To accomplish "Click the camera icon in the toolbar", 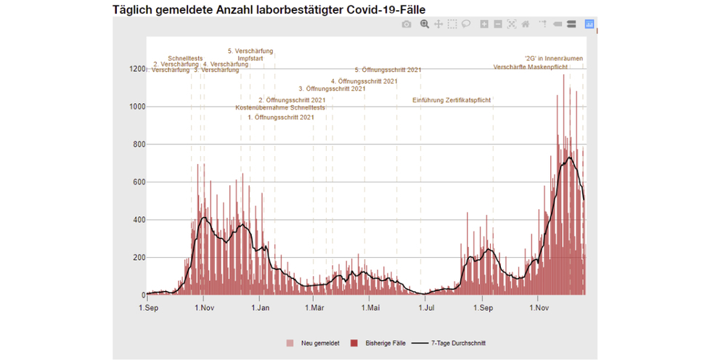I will (407, 24).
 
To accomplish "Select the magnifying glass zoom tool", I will (425, 24).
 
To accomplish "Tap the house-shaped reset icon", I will (525, 24).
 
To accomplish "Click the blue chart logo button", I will (589, 24).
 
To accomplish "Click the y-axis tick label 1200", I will (137, 69).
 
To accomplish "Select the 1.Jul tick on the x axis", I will (426, 307).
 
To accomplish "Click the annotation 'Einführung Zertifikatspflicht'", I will (452, 100).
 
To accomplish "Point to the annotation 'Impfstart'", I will (250, 58).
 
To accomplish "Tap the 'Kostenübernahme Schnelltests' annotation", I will (280, 108).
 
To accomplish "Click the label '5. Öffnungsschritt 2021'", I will (388, 70).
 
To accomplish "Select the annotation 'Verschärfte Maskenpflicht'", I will (530, 67).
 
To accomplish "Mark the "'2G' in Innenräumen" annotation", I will (553, 58).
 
